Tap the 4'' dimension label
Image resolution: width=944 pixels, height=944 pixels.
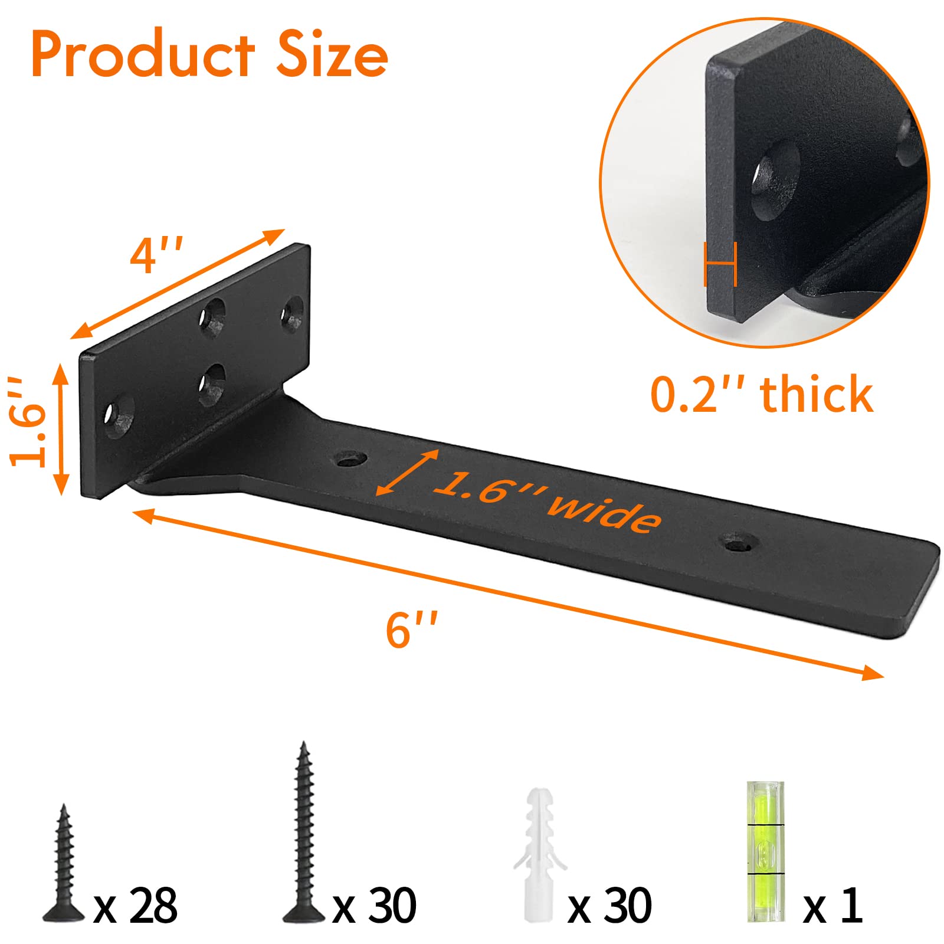click(x=156, y=255)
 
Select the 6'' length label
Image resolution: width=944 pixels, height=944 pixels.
click(x=411, y=630)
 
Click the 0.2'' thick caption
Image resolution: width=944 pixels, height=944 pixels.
click(x=761, y=395)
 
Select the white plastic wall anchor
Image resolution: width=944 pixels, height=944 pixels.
click(x=537, y=850)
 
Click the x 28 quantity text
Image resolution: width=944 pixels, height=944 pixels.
click(x=136, y=906)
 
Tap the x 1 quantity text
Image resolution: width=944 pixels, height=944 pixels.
click(x=833, y=906)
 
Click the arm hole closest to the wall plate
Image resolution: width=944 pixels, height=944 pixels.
click(x=352, y=458)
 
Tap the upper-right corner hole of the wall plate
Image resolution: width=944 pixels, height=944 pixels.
click(x=292, y=314)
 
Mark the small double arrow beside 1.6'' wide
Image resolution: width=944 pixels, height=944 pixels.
click(x=408, y=472)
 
